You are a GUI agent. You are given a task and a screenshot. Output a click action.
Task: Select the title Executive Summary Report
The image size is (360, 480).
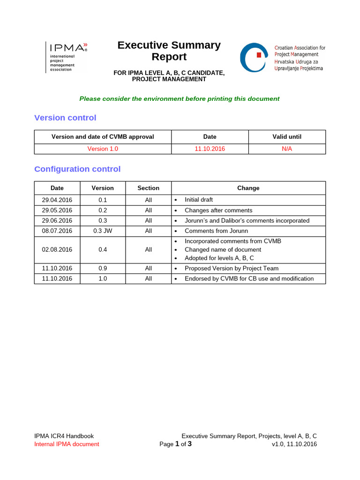point(169,51)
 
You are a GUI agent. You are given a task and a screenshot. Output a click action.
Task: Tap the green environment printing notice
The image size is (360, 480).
point(179,99)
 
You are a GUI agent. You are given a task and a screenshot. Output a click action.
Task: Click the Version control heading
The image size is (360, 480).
point(65,118)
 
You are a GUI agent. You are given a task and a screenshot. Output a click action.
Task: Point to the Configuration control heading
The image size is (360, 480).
point(77,169)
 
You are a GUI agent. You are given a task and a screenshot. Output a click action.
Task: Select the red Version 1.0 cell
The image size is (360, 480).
point(103,149)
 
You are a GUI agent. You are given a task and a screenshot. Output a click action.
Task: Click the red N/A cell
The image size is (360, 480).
point(287,149)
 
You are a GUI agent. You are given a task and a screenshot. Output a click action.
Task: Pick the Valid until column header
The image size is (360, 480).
point(287,137)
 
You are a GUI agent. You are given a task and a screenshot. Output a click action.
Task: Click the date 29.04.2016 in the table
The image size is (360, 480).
point(57,200)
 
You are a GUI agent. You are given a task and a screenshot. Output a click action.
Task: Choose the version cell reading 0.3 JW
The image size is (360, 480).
point(103,231)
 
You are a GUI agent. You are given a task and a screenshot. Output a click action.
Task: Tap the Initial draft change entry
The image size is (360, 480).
point(199,200)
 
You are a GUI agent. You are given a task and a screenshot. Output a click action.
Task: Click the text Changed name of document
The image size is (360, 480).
point(223,250)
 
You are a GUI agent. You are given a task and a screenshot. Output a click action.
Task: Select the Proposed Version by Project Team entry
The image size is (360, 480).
point(232,269)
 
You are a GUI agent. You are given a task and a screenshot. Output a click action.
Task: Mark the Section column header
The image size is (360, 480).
point(148,188)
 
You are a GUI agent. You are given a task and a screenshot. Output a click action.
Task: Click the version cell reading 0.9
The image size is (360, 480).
point(103,269)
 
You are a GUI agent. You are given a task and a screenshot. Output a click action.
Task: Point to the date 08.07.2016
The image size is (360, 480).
point(57,231)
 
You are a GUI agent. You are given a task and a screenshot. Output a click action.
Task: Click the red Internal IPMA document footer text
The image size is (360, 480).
point(67,444)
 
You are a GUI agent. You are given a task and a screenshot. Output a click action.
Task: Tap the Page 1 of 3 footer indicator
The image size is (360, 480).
point(175,444)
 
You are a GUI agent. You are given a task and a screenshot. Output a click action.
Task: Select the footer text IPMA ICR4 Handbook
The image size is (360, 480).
point(64,436)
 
